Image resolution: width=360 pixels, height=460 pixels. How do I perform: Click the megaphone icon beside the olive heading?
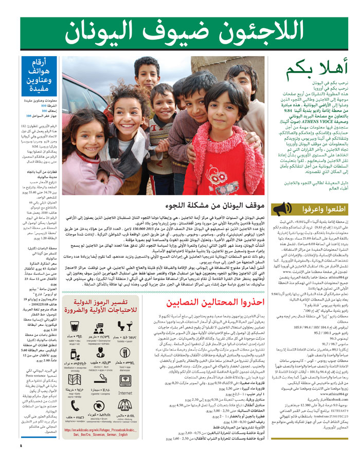coord(282,210)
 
